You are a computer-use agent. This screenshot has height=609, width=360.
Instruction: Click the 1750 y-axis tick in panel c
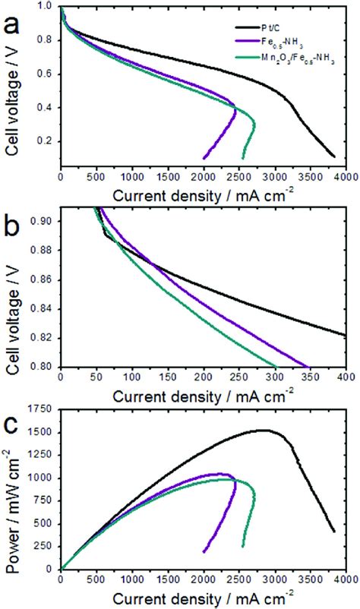43,410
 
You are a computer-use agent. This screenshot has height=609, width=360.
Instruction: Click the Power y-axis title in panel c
12,494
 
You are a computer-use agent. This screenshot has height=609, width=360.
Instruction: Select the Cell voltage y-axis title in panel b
12,292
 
